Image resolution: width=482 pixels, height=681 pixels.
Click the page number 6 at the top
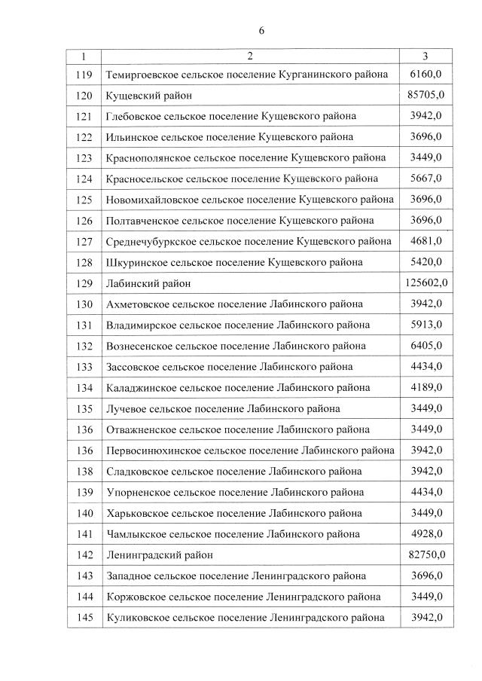261,31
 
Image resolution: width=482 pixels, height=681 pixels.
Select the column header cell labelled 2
250,56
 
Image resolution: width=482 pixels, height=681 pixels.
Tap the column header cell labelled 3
426,56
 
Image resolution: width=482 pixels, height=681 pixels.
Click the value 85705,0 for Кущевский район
426,95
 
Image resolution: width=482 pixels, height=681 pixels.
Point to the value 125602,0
426,283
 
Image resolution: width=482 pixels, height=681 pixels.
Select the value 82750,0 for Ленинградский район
426,555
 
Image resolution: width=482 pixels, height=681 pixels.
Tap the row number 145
84,618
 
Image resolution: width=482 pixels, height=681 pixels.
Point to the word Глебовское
135,116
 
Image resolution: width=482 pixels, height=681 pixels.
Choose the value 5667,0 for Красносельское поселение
426,179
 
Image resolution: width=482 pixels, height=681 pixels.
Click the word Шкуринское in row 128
136,262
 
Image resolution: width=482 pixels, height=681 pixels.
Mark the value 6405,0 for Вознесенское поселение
426,346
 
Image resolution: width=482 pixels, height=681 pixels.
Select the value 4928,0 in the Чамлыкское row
426,534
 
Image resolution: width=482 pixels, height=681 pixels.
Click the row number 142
84,555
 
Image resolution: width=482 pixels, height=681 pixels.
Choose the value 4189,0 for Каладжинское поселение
426,388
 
